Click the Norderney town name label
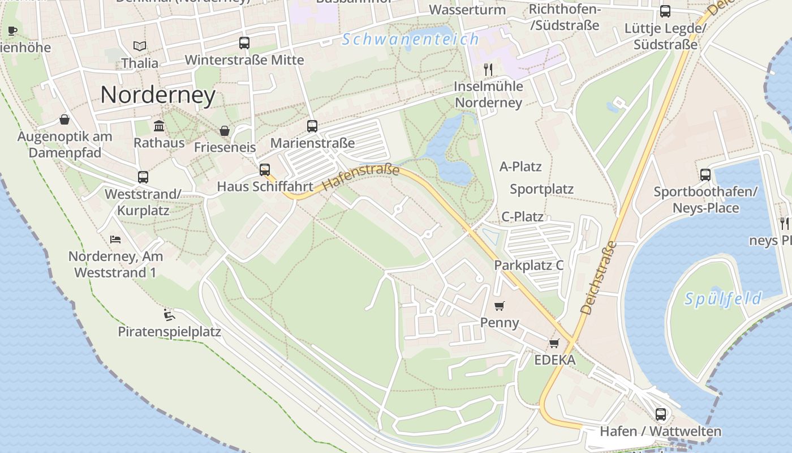tap(158, 95)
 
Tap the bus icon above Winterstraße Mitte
tap(244, 43)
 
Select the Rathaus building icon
tap(159, 126)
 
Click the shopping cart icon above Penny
tap(499, 306)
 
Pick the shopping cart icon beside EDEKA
tap(554, 344)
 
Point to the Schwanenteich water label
tap(411, 39)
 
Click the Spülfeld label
tap(723, 298)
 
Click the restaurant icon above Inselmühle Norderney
tap(488, 69)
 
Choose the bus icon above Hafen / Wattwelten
tap(661, 414)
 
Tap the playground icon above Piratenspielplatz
tap(169, 314)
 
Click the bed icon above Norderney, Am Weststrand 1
tap(115, 239)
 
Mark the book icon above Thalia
tap(140, 46)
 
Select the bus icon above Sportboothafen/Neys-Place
tap(705, 175)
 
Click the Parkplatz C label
tap(529, 265)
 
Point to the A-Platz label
tap(520, 166)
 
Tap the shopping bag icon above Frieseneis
tap(225, 131)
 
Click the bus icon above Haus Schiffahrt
tap(265, 169)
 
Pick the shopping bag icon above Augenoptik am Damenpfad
tap(64, 119)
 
